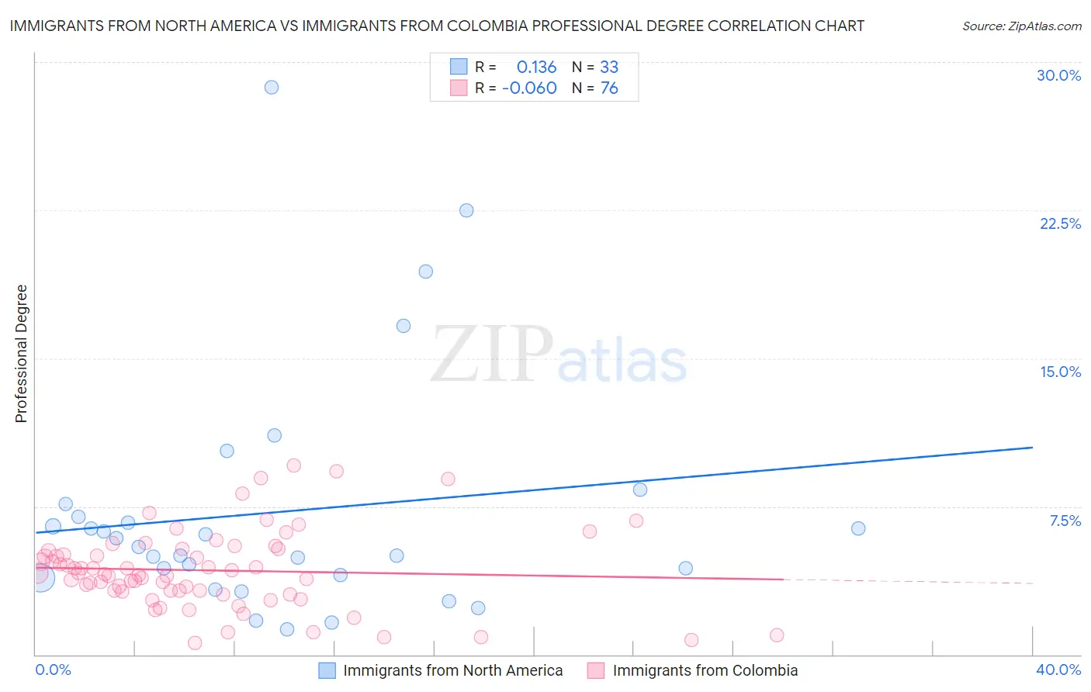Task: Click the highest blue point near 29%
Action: point(272,87)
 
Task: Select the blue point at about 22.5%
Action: point(466,210)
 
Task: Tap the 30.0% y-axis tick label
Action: point(1058,75)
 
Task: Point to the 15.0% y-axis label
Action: point(1060,372)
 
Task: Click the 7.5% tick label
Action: point(1065,521)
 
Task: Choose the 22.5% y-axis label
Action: point(1060,223)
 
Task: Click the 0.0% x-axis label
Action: point(54,670)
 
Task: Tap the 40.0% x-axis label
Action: point(1058,670)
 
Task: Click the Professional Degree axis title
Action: point(21,354)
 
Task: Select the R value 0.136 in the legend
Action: point(536,67)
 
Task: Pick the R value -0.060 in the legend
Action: point(529,88)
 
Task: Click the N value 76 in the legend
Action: point(609,88)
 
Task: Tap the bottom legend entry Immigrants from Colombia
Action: point(705,670)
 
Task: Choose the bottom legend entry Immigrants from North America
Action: point(452,670)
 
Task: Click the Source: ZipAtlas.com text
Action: point(1021,26)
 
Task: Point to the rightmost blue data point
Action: point(858,528)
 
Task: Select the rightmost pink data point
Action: point(777,635)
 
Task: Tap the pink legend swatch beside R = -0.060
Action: point(459,88)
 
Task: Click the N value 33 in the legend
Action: point(609,67)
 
